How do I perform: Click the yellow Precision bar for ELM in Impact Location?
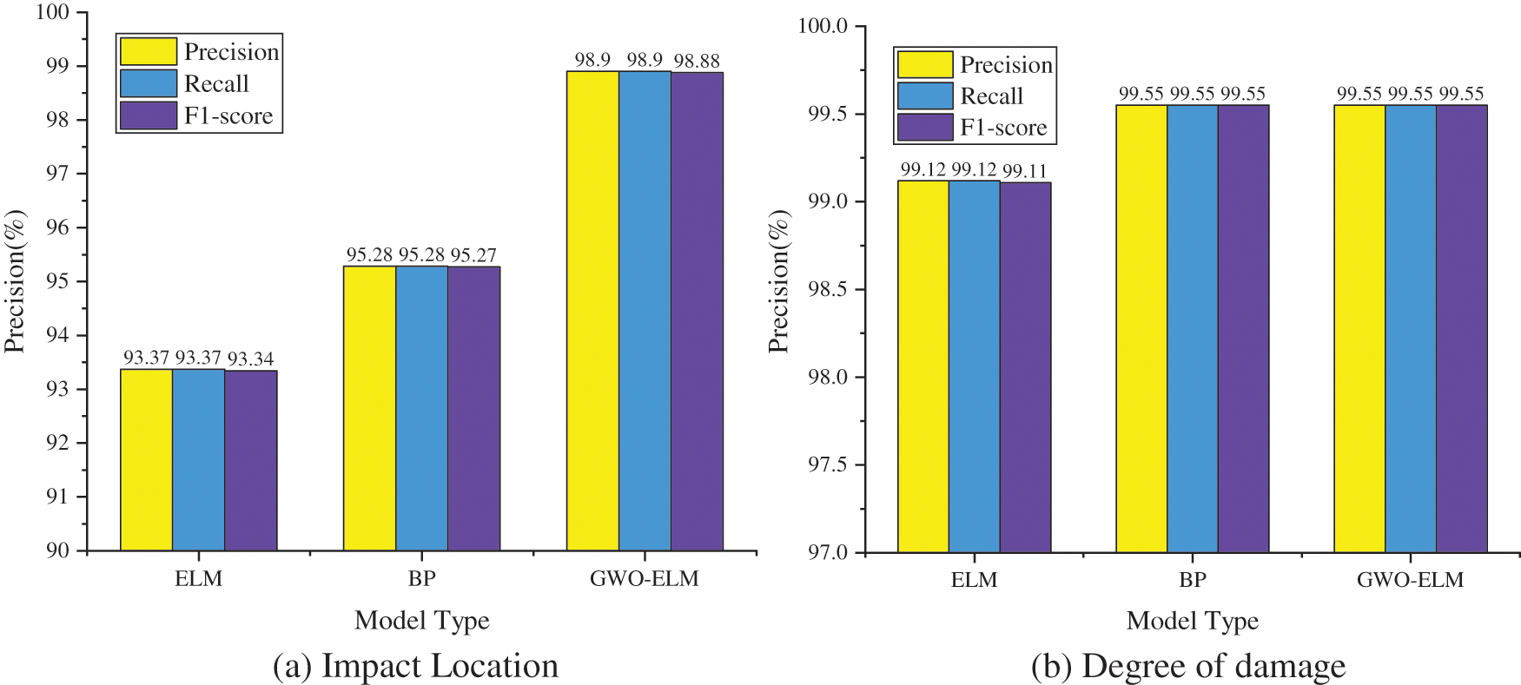pos(146,460)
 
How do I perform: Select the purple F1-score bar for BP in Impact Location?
pos(474,408)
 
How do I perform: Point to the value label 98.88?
pos(697,61)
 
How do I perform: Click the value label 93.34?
pos(251,359)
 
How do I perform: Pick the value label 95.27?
pos(473,255)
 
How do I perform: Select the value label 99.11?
pos(1025,171)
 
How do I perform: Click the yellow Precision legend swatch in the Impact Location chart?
pos(148,51)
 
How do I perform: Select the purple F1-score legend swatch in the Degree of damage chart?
pos(925,128)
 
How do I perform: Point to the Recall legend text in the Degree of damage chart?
pos(991,96)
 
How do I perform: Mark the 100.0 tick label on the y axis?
pos(823,26)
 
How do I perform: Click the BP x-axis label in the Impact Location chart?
pos(421,579)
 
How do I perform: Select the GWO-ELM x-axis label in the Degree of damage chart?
pos(1410,580)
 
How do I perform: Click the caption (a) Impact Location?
pos(415,666)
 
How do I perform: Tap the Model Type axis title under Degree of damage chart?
pos(1192,621)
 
